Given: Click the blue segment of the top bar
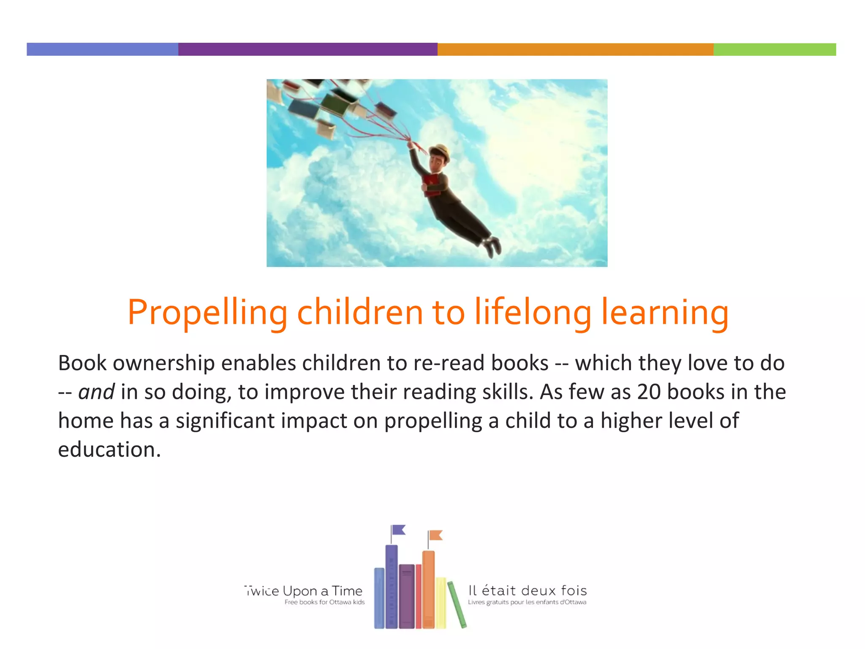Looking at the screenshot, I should tap(102, 49).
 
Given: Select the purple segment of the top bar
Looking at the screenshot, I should tap(307, 49).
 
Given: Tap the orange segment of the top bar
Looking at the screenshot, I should tap(575, 49).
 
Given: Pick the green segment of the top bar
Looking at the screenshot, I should tap(775, 49).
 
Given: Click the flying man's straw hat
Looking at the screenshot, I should tap(440, 151).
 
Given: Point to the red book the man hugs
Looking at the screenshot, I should tap(431, 185).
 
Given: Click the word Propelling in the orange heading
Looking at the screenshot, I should tap(207, 313).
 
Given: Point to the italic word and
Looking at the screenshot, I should tap(96, 392).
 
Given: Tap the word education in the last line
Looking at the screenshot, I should tap(109, 449).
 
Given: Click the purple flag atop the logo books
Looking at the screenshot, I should tap(398, 530).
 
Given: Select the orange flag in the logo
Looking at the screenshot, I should tap(435, 535).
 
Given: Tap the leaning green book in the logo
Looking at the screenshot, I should tap(457, 604).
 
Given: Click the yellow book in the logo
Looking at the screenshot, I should tap(441, 602).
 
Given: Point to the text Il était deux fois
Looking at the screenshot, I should tap(528, 590).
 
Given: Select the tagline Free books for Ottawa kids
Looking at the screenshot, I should tap(324, 602).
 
